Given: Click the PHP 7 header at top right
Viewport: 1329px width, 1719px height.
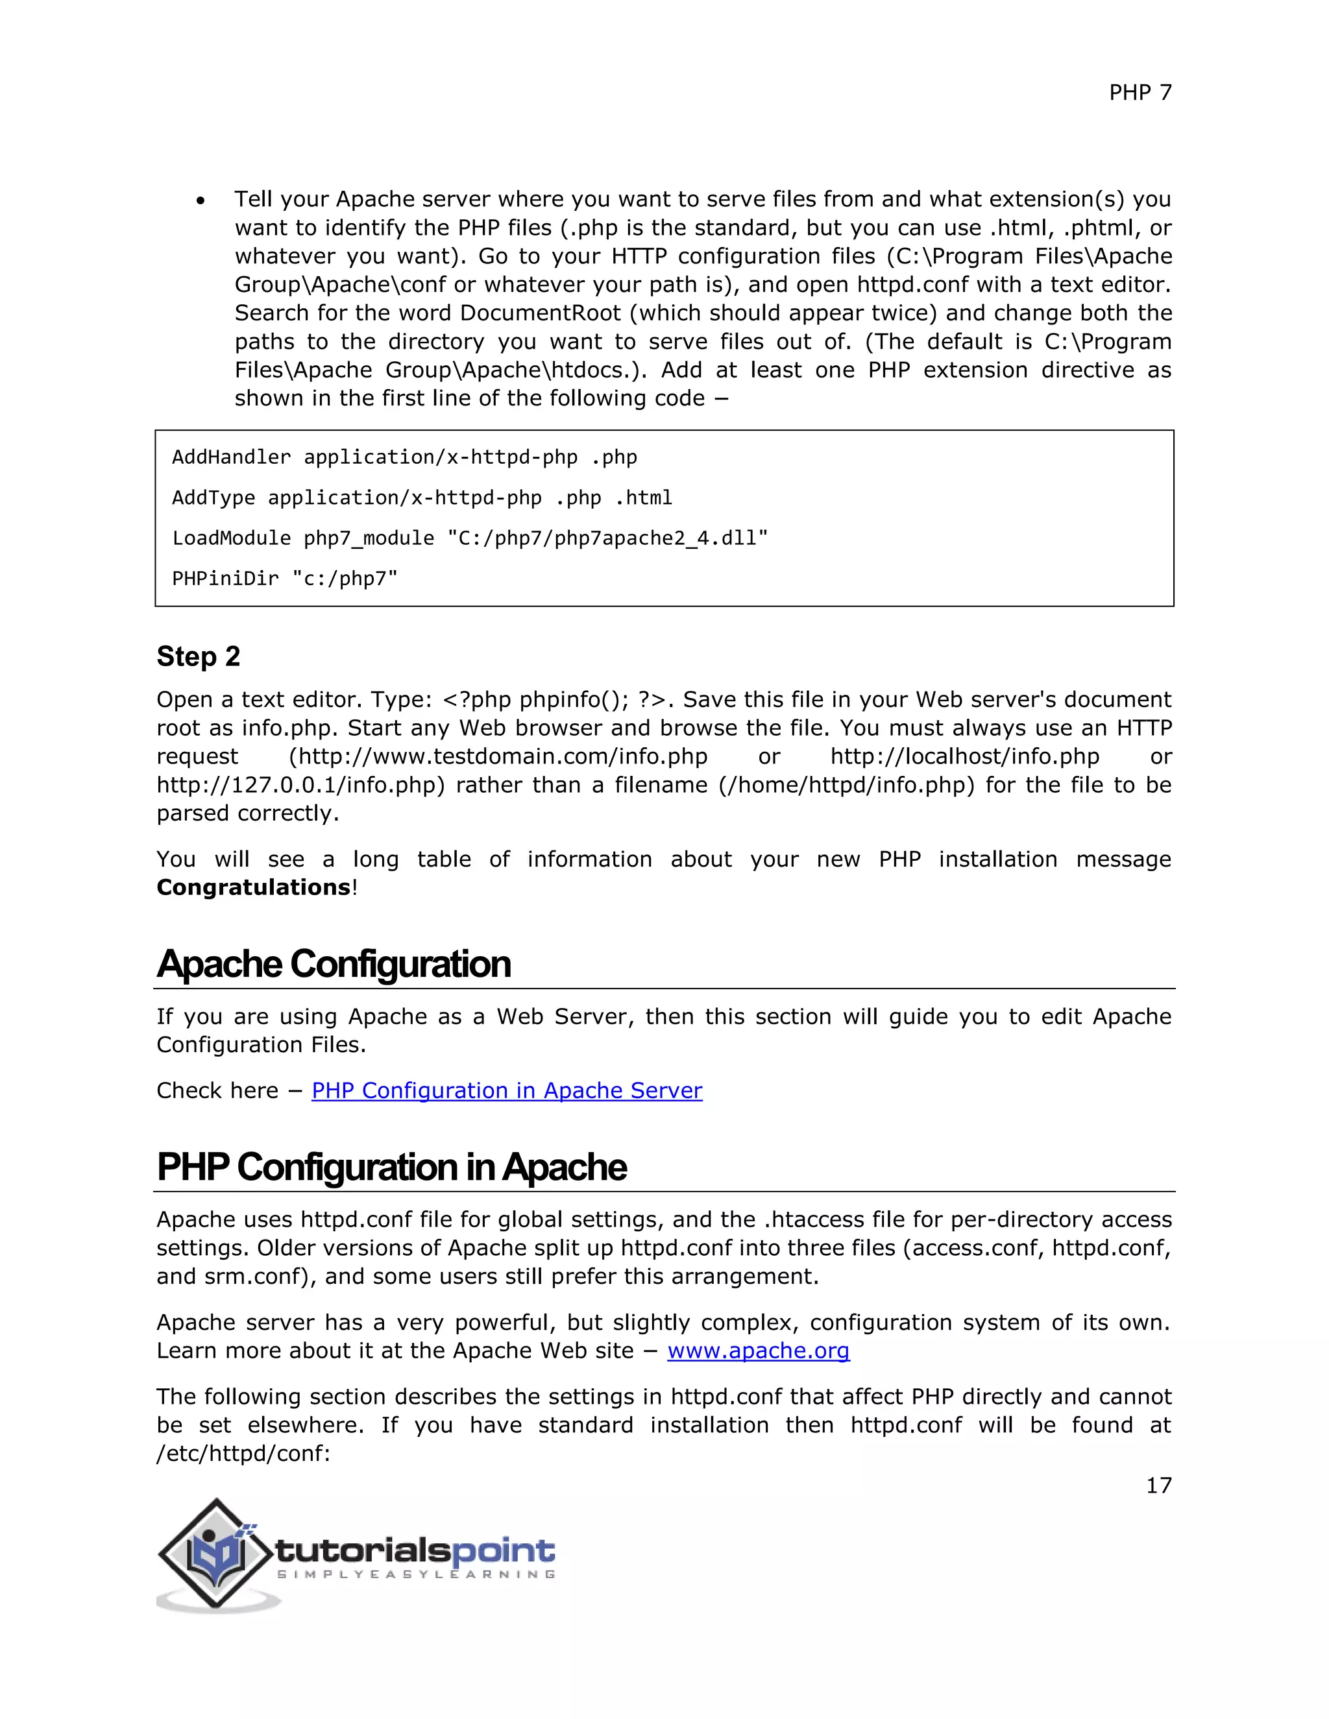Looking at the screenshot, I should coord(1140,93).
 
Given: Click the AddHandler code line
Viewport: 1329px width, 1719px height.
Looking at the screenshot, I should coord(404,457).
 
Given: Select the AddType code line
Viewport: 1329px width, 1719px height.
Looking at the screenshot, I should coord(421,498).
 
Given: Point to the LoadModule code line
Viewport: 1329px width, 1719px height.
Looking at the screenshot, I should coord(469,538).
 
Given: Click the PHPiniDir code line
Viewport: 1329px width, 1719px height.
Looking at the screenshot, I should coord(284,579).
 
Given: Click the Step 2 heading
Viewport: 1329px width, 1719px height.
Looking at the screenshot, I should coord(199,656).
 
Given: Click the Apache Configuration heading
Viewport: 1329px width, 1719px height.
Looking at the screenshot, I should coord(334,963).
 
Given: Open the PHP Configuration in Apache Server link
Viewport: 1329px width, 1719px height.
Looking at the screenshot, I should coord(506,1090).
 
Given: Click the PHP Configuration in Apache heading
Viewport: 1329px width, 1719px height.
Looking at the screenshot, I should coord(391,1166).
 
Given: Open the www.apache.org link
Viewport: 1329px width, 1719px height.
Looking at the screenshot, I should coord(758,1351).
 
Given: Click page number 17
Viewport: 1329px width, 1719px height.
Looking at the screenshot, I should coord(1158,1485).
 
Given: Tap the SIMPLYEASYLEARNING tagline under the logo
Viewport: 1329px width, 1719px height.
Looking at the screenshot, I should coord(416,1574).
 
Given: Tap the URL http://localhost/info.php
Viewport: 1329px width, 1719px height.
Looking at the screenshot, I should coord(964,756).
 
